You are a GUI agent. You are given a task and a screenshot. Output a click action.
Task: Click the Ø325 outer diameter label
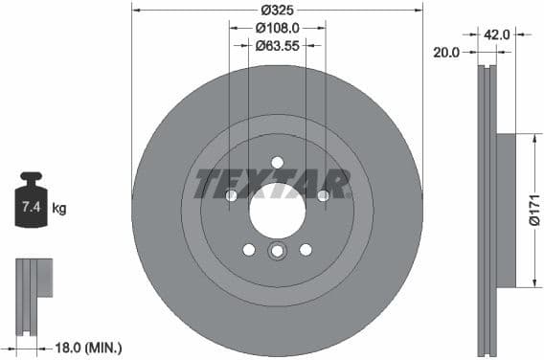(x=277, y=11)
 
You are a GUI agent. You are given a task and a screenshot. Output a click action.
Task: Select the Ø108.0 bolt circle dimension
(x=277, y=29)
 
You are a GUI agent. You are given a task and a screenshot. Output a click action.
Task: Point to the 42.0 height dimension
(x=496, y=34)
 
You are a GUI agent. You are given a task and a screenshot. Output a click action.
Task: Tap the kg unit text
(x=58, y=208)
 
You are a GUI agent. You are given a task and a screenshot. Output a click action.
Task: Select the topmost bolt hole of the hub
(x=277, y=162)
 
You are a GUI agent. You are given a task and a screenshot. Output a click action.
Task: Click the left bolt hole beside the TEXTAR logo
(x=231, y=195)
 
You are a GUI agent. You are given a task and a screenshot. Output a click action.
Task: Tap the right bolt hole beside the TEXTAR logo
(x=323, y=195)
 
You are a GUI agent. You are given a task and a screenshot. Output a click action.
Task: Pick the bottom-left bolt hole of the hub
(x=249, y=249)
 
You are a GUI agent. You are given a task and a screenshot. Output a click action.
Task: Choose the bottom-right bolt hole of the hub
(x=306, y=249)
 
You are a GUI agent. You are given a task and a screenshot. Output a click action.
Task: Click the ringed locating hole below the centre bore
(x=277, y=252)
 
